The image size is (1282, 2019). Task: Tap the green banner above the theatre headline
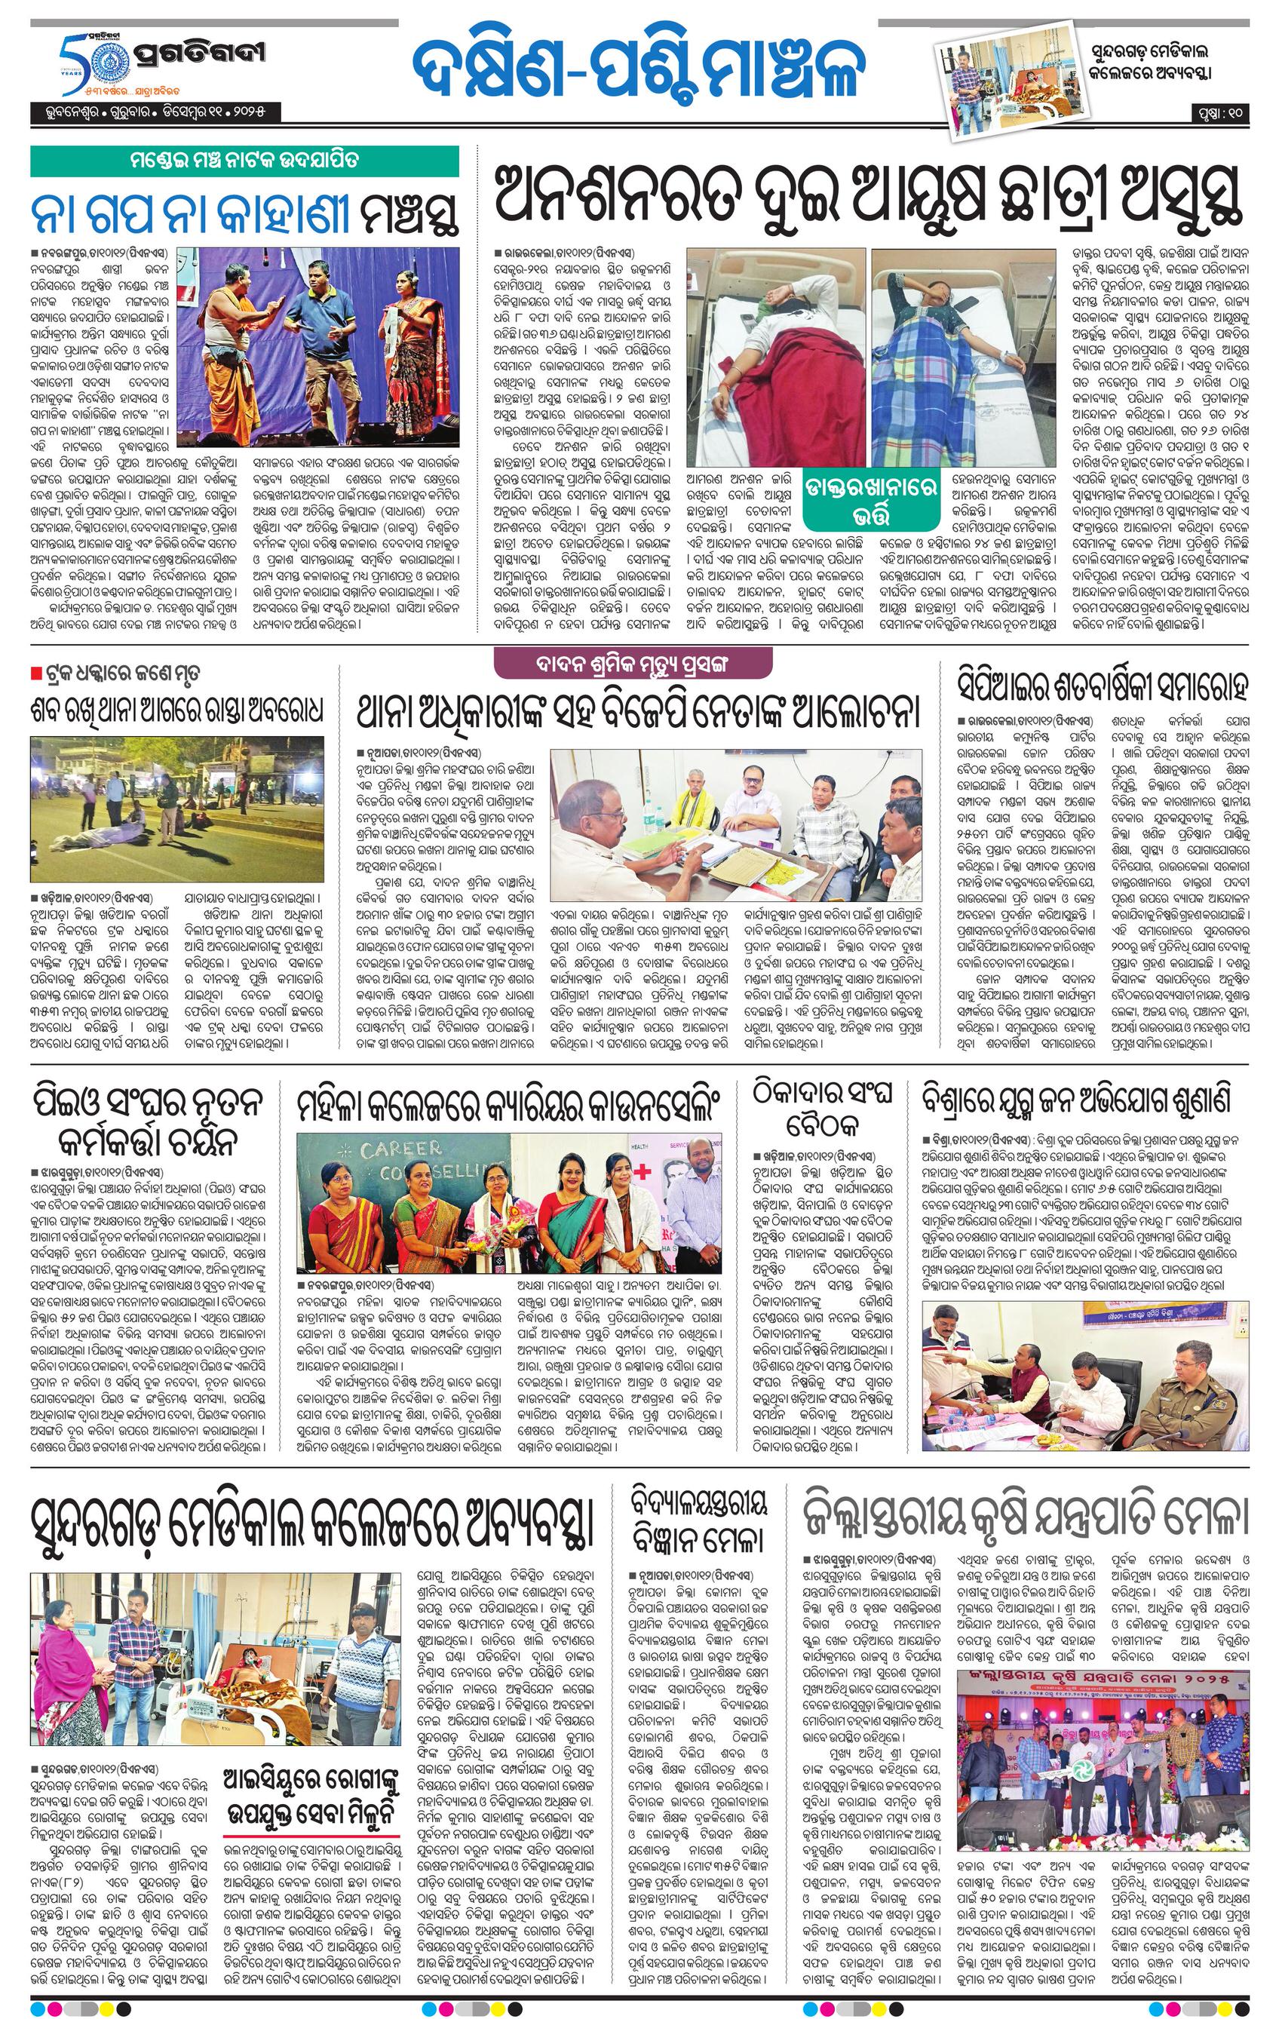pyautogui.click(x=245, y=160)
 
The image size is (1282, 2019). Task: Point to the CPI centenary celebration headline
pyautogui.click(x=1103, y=686)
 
